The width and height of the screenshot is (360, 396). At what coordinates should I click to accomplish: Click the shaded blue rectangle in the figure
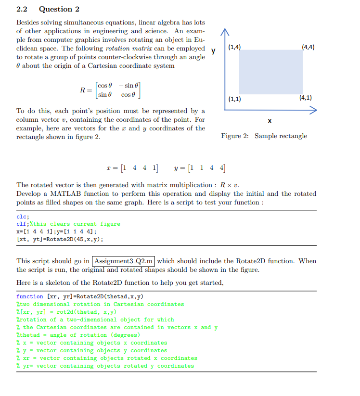(271, 72)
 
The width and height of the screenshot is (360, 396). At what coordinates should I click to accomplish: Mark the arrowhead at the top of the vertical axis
(225, 31)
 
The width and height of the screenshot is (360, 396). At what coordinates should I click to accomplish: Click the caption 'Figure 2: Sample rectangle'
(264, 136)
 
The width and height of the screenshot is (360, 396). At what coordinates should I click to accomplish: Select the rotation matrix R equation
(110, 90)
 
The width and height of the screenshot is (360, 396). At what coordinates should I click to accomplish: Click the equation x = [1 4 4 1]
(134, 168)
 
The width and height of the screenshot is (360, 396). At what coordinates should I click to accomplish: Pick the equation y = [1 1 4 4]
(199, 168)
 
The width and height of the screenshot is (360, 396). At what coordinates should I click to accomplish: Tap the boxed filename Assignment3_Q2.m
(124, 261)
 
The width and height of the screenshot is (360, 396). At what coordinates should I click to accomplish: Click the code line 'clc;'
(23, 216)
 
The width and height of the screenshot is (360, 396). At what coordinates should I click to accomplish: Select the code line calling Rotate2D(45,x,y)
(60, 239)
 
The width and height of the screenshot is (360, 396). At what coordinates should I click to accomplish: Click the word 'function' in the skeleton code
(30, 296)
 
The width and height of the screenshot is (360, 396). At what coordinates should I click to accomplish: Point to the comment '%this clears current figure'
(75, 224)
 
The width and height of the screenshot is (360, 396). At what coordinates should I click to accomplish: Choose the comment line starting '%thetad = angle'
(78, 335)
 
